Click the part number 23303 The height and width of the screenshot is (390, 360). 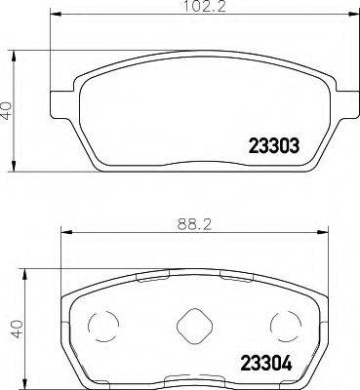(x=268, y=143)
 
